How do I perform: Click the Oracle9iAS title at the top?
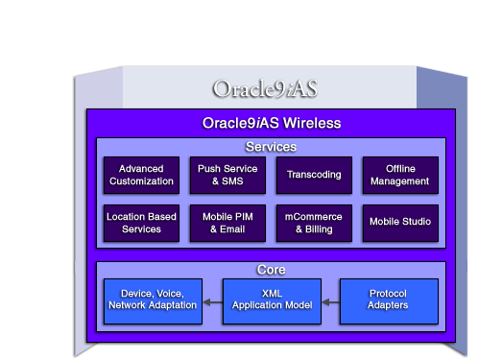[x=265, y=89]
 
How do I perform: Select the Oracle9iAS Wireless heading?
[x=272, y=124]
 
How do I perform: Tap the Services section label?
[x=271, y=147]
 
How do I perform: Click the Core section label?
[x=271, y=270]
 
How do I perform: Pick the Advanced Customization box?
[x=141, y=175]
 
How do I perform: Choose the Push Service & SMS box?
[x=227, y=175]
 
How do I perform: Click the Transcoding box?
[x=314, y=175]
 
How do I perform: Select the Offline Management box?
[x=400, y=175]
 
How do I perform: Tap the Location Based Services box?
[x=141, y=223]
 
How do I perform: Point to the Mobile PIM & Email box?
[x=227, y=223]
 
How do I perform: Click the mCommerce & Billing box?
[x=314, y=223]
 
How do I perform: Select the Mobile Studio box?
[x=400, y=223]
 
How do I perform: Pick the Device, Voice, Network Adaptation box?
[x=154, y=299]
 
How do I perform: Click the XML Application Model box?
[x=272, y=299]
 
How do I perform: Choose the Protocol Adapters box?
[x=389, y=299]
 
